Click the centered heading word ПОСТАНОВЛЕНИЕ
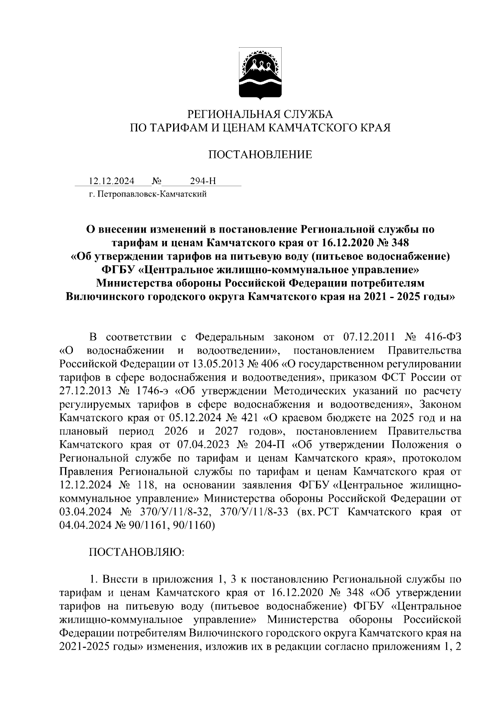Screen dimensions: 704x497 coord(260,155)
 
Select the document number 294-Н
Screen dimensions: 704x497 coord(203,181)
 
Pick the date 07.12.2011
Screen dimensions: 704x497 coord(369,337)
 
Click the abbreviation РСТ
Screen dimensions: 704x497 coord(328,512)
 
